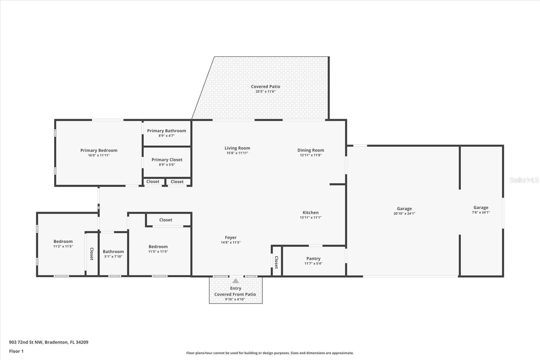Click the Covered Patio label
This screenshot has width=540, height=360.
(265, 86)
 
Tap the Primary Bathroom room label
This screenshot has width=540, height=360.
(166, 131)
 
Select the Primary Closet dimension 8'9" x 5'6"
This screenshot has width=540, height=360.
(167, 165)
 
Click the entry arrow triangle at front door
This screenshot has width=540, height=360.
(236, 281)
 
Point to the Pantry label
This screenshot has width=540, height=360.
(313, 258)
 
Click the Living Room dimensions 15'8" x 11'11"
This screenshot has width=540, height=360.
(237, 153)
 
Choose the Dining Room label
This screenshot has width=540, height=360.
(310, 150)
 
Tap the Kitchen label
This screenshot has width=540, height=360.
(310, 212)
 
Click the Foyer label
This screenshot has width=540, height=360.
(231, 237)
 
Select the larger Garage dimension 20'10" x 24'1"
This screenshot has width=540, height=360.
(404, 213)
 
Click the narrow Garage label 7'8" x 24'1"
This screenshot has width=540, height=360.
(481, 208)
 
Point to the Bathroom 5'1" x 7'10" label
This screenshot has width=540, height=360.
(113, 251)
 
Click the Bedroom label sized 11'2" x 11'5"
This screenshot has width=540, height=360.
(63, 241)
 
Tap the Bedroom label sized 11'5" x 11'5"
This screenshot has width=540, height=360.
(158, 247)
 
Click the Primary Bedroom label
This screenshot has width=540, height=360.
(99, 150)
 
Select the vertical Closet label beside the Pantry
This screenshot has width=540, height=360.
(276, 262)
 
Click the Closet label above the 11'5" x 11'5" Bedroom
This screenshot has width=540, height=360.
(166, 220)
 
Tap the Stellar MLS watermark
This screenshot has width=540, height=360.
(524, 180)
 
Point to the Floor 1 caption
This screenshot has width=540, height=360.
(16, 351)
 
